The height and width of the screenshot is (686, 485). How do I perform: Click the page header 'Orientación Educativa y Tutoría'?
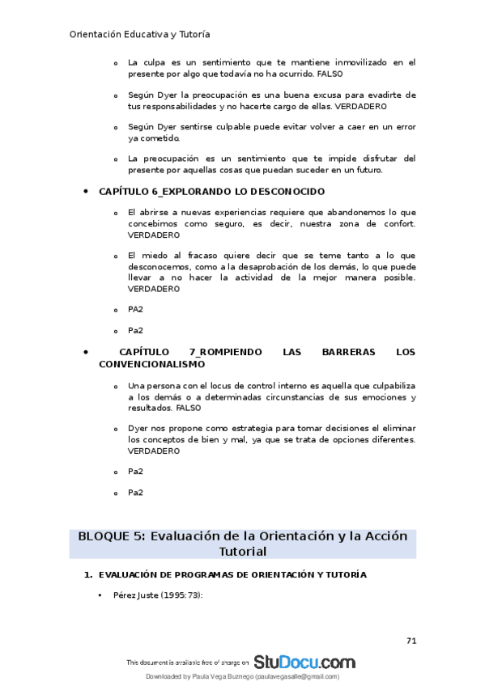[140, 35]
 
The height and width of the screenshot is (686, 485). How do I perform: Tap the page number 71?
[411, 641]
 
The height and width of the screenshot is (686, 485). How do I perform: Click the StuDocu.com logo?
[304, 662]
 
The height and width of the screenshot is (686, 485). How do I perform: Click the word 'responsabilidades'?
[179, 106]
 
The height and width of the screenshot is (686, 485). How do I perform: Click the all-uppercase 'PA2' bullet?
[135, 309]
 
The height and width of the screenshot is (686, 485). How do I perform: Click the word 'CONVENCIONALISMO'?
[152, 365]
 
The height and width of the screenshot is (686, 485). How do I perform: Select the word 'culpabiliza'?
[389, 386]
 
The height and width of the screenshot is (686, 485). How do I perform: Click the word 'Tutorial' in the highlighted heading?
[242, 551]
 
